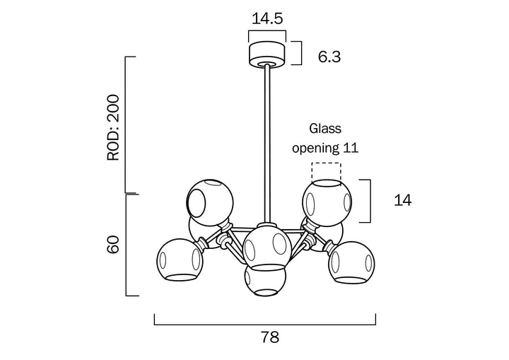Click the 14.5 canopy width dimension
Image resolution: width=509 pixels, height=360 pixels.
[x=266, y=18]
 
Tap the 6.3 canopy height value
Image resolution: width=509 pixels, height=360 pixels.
[x=329, y=57]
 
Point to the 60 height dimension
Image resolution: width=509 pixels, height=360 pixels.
[x=113, y=245]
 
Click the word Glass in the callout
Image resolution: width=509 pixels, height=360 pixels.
[x=325, y=129]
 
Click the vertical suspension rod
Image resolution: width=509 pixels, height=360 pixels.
[x=267, y=141]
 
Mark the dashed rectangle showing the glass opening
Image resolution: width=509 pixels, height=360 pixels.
[x=327, y=172]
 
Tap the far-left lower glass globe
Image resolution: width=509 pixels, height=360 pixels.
[x=180, y=259]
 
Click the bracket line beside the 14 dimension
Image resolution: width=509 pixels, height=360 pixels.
[x=369, y=201]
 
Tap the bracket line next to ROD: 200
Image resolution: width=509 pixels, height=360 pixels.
[x=127, y=124]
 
